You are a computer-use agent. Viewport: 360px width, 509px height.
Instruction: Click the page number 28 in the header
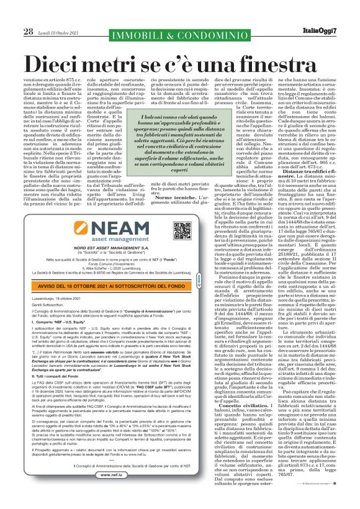(29, 30)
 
